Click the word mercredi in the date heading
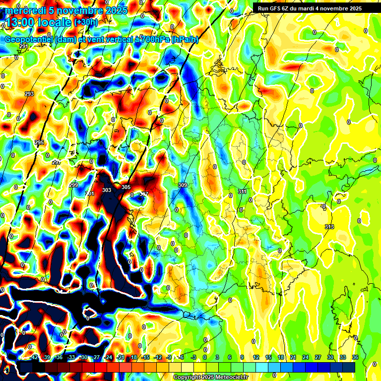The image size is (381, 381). point(24,10)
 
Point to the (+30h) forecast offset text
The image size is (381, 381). point(86,22)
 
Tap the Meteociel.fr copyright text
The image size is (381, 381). point(211,378)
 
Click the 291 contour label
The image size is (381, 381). point(23,46)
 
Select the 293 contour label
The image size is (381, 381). point(29,94)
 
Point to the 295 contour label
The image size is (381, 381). point(39,143)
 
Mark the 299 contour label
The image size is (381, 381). point(73,185)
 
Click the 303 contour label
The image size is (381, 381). point(107,190)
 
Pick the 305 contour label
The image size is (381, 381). point(126,187)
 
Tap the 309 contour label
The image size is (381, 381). point(182,185)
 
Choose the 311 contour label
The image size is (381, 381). point(242,191)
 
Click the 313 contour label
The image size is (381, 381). point(329,227)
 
